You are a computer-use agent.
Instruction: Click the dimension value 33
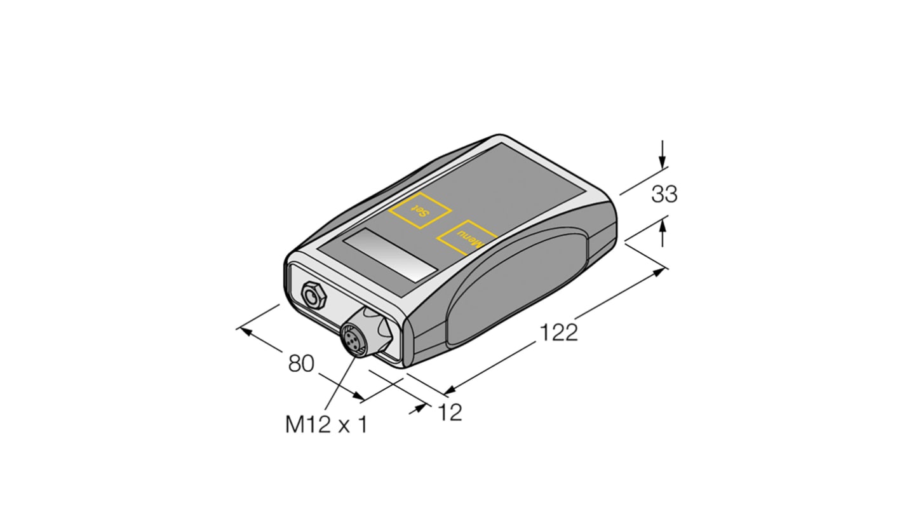pyautogui.click(x=664, y=194)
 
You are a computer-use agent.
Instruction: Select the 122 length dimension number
pyautogui.click(x=559, y=332)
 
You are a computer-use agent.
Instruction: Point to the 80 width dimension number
pyautogui.click(x=301, y=364)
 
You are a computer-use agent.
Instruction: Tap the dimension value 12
pyautogui.click(x=450, y=413)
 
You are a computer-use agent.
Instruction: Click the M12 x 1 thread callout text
pyautogui.click(x=326, y=424)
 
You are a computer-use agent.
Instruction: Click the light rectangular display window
pyautogui.click(x=390, y=254)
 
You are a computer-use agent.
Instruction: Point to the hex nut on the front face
pyautogui.click(x=312, y=295)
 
